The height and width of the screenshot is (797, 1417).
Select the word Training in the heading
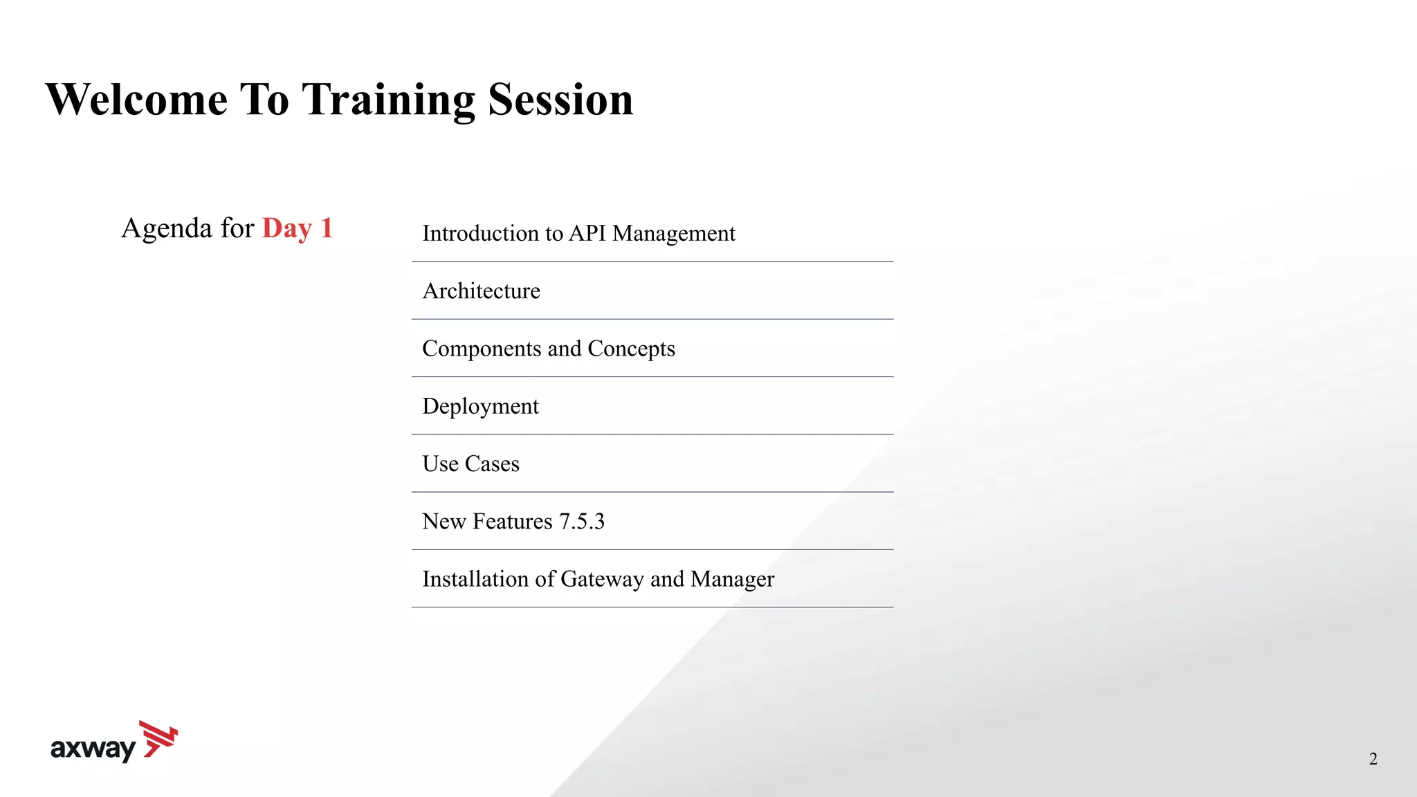[x=388, y=100]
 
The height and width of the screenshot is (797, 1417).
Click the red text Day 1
[x=298, y=228]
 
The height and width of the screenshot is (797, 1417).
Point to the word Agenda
[x=167, y=228]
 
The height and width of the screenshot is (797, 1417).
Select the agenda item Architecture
[x=481, y=291]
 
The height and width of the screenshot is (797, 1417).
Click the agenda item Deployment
[x=480, y=406]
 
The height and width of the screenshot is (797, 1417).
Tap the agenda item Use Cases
[x=470, y=464]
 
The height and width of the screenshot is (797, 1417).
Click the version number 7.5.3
[x=581, y=521]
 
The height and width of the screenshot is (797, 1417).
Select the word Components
[x=482, y=349]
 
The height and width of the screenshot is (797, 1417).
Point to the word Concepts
[x=631, y=349]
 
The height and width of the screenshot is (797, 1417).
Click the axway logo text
[x=93, y=749]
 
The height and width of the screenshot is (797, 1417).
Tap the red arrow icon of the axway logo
[x=159, y=739]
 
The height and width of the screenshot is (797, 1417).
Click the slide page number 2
[x=1373, y=759]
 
